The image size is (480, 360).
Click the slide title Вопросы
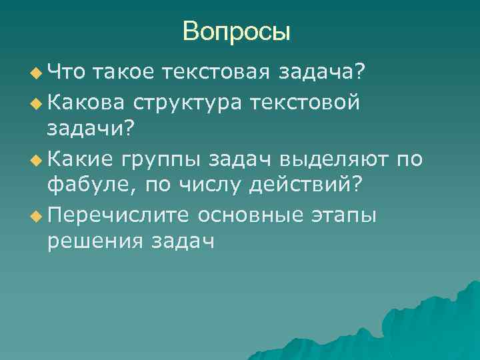237,31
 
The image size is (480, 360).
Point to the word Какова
84,103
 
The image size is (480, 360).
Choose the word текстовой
314,103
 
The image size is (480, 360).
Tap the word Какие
81,160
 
